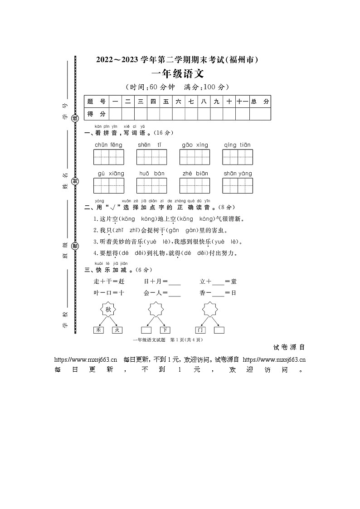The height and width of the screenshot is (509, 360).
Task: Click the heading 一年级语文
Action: pyautogui.click(x=177, y=74)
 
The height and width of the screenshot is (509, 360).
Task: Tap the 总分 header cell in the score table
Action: pyautogui.click(x=260, y=102)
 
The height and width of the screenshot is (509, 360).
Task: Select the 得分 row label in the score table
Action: pyautogui.click(x=96, y=114)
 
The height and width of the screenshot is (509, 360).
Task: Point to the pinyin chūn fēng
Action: pyautogui.click(x=108, y=145)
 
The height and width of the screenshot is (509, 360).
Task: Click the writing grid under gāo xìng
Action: pyautogui.click(x=195, y=157)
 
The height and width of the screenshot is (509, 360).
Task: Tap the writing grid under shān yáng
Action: pyautogui.click(x=238, y=186)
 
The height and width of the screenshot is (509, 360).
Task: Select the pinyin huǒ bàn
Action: pyautogui.click(x=151, y=174)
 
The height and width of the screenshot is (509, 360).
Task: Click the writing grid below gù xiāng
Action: pyautogui.click(x=109, y=186)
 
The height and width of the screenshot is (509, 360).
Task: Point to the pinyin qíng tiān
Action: pyautogui.click(x=237, y=145)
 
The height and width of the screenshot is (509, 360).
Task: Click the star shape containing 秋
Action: pyautogui.click(x=108, y=310)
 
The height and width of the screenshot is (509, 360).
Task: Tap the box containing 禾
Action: pyautogui.click(x=98, y=330)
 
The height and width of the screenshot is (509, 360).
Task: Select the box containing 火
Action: pyautogui.click(x=117, y=330)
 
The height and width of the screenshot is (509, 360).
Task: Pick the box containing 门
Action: pyautogui.click(x=200, y=330)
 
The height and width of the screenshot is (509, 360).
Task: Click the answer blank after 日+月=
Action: pyautogui.click(x=174, y=283)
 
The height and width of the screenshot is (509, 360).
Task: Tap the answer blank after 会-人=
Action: pyautogui.click(x=174, y=294)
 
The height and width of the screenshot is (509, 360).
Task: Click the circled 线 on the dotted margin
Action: pyautogui.click(x=76, y=118)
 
